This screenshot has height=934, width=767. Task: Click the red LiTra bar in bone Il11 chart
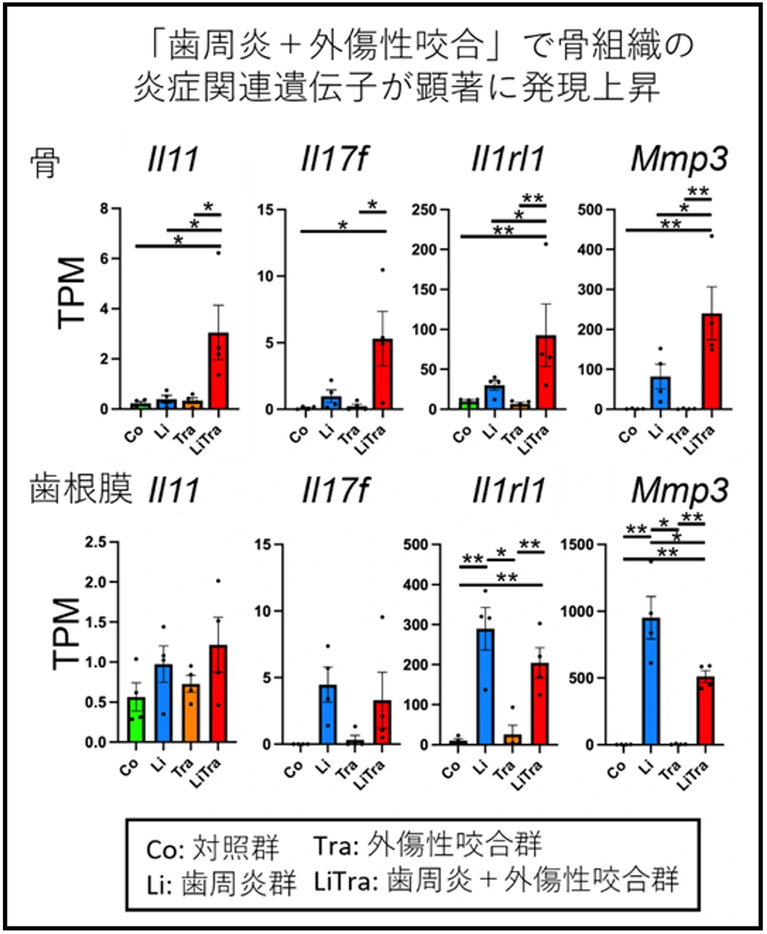(x=218, y=371)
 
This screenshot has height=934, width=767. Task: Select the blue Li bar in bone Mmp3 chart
(x=661, y=393)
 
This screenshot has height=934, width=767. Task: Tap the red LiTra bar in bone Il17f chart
(x=382, y=374)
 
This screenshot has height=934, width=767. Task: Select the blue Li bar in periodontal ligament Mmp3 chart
(x=651, y=681)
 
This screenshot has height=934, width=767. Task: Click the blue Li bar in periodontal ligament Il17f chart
(x=328, y=714)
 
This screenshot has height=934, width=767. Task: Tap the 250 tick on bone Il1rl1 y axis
(x=424, y=210)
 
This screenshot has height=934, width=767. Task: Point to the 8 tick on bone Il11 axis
(x=105, y=209)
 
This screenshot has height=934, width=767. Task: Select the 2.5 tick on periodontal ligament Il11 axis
(x=96, y=542)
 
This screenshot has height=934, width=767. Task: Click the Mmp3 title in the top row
(x=679, y=159)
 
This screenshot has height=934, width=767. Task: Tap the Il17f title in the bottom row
(x=335, y=491)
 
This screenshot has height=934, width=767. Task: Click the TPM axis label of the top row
(x=71, y=292)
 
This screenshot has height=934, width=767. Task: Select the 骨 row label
(x=45, y=164)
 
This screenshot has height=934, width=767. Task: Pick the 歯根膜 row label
(x=80, y=489)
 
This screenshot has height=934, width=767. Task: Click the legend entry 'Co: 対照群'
(x=212, y=849)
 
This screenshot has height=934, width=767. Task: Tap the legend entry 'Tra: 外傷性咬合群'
(x=427, y=845)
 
